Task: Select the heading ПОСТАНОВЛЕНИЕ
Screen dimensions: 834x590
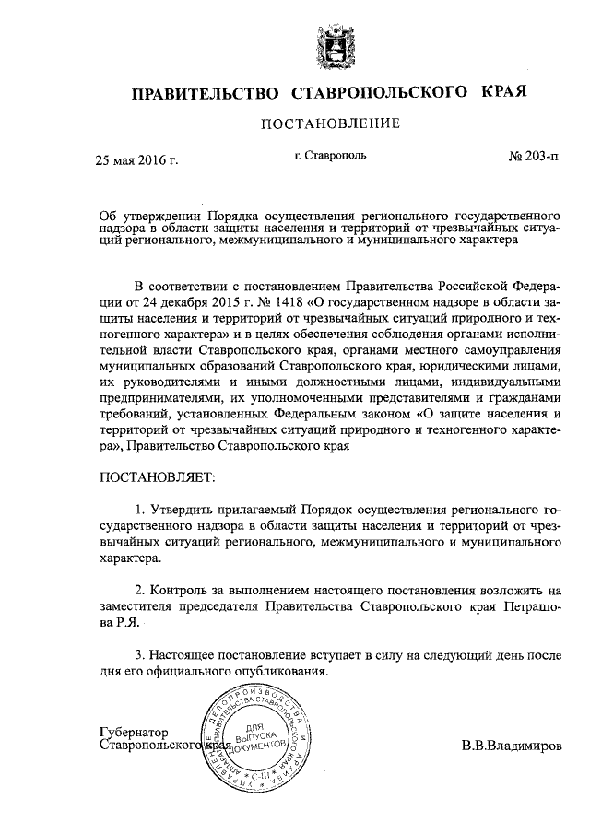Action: [x=329, y=123]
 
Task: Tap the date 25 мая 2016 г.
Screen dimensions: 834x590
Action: [x=137, y=159]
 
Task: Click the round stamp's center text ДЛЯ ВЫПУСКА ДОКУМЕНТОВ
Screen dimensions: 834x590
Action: [x=254, y=734]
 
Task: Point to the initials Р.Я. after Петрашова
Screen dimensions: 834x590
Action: [x=124, y=624]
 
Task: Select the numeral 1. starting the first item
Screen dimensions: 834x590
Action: [x=139, y=509]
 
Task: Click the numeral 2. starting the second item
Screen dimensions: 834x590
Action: [x=139, y=589]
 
